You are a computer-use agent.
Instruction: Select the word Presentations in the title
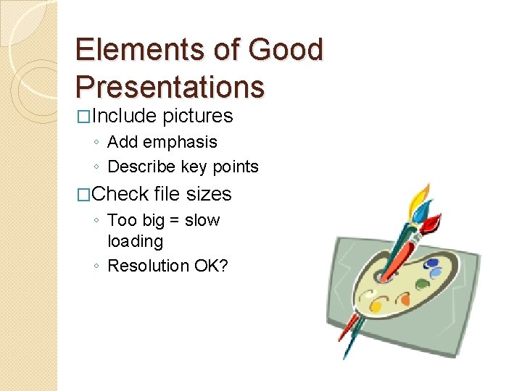coord(170,86)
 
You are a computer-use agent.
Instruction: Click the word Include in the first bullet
coord(124,116)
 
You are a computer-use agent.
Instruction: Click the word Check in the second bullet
coord(120,194)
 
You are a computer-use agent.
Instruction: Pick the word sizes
coord(209,194)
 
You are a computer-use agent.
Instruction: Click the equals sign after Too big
coord(174,221)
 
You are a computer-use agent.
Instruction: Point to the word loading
coord(135,241)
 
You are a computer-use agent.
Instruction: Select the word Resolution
coord(148,266)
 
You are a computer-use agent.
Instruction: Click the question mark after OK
coord(223,266)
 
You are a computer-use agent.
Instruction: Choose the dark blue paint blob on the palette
coord(432,264)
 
